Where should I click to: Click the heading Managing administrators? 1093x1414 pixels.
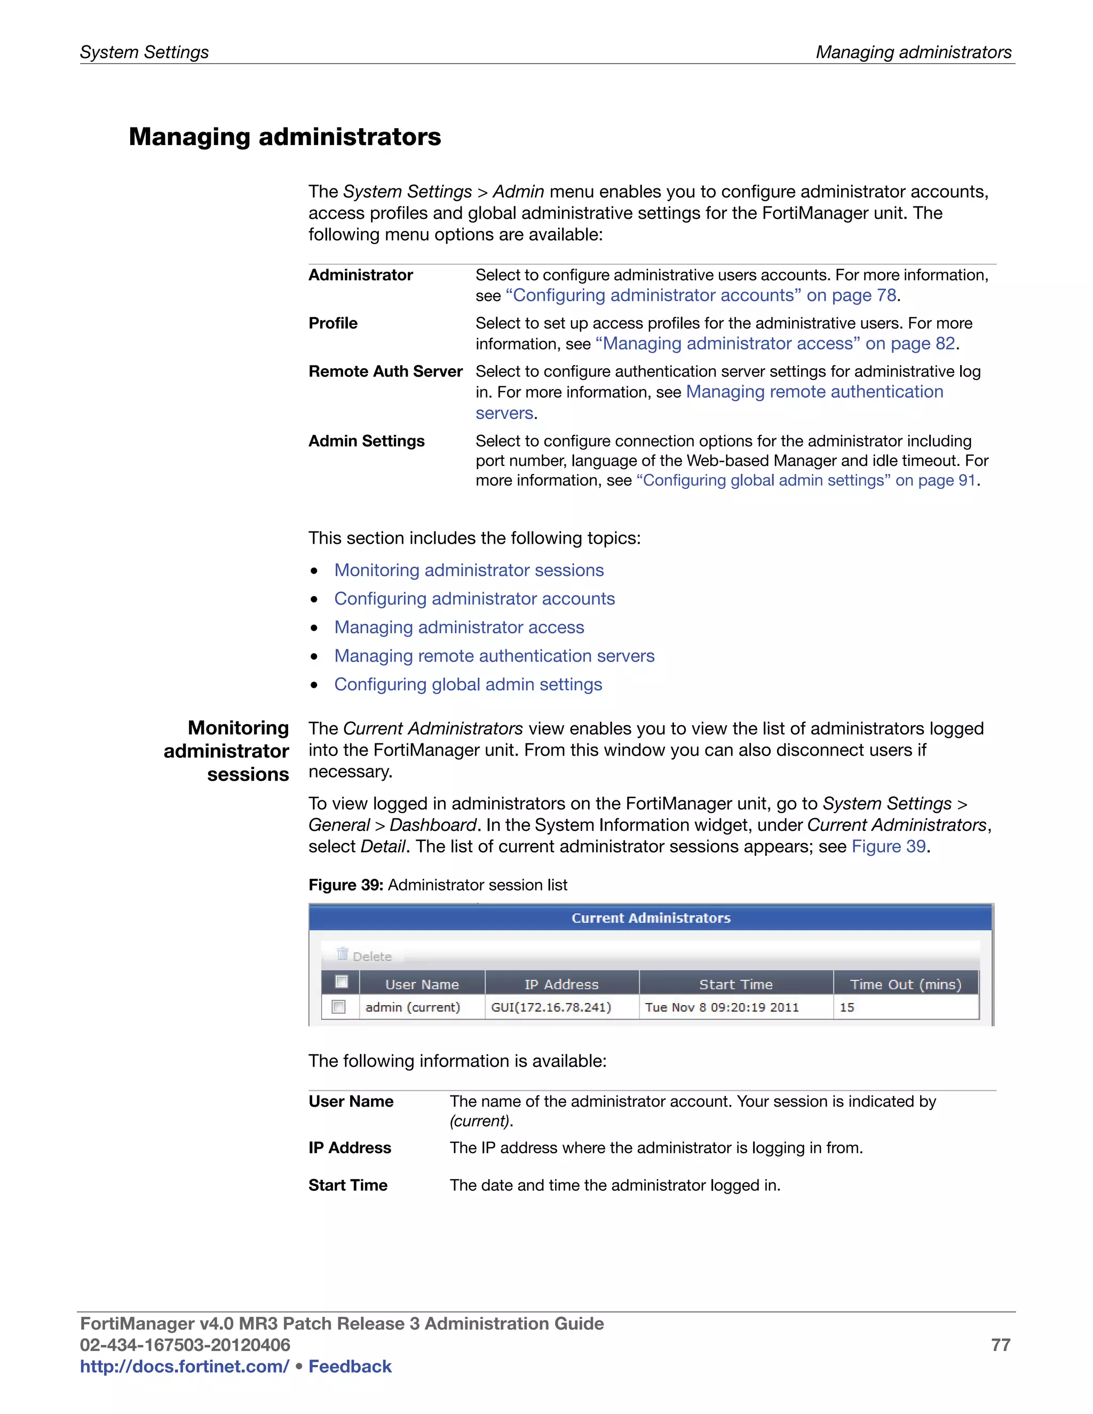coord(284,137)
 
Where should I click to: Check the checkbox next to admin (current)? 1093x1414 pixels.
coord(338,1007)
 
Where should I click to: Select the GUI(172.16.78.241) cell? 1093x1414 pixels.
coord(551,1007)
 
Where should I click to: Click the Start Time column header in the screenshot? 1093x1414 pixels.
coord(735,984)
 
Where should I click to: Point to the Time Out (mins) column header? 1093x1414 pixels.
coord(905,984)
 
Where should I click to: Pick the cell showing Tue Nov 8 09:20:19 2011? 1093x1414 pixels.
coord(722,1007)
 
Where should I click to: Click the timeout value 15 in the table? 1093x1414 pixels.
coord(847,1007)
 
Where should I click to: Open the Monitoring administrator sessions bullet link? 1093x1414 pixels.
coord(469,570)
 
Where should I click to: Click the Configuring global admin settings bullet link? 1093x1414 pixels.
coord(468,685)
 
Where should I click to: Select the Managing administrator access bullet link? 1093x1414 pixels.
coord(459,627)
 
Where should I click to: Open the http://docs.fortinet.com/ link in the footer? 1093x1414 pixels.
coord(185,1366)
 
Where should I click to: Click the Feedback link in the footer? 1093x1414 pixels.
coord(350,1366)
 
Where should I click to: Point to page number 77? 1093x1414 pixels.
coord(1001,1345)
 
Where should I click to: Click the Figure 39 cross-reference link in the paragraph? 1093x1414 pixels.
coord(889,846)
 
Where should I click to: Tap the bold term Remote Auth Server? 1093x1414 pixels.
coord(385,371)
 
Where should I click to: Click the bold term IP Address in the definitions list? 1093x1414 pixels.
coord(350,1148)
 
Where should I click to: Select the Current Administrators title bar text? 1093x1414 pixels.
coord(651,918)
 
